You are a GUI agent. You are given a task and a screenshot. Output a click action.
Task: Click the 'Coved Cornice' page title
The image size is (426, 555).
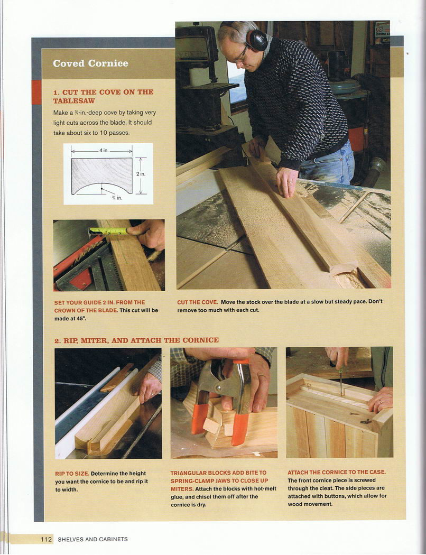[x=90, y=63]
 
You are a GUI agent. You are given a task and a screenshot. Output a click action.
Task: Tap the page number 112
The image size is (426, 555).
[x=46, y=540]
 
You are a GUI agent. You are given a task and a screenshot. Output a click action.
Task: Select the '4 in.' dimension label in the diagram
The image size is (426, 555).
[x=104, y=150]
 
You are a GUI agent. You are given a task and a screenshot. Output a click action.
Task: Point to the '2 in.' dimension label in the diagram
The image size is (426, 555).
[x=141, y=174]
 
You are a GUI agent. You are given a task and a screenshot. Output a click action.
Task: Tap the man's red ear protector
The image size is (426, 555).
[x=256, y=40]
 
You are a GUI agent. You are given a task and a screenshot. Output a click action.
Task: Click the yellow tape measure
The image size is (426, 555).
[x=109, y=231]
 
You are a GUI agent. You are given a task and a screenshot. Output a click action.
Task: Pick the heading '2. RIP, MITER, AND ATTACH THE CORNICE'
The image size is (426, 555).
[x=136, y=340]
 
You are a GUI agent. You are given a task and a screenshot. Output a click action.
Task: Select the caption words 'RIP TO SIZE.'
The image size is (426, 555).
[x=72, y=473]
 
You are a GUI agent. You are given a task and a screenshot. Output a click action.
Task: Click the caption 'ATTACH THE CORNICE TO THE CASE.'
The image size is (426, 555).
[x=337, y=472]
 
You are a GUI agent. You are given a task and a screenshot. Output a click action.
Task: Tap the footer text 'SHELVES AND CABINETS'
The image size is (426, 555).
[x=92, y=540]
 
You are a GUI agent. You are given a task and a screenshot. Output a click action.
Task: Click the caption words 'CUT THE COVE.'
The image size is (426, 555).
[x=198, y=302]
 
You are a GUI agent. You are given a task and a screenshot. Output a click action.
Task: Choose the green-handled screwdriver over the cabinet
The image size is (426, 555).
[x=341, y=382]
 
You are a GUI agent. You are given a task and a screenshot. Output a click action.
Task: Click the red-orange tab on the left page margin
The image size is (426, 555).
[x=36, y=92]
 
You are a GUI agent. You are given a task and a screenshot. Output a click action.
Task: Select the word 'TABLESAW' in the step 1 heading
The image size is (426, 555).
[x=74, y=101]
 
